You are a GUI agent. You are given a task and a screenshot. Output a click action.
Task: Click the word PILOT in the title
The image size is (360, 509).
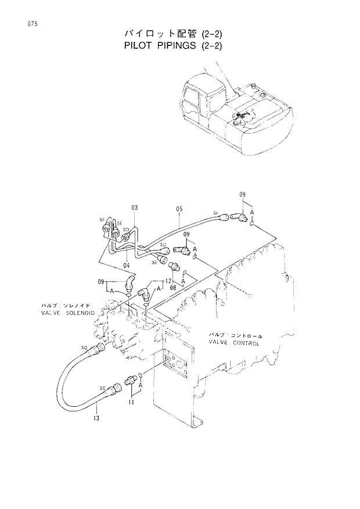click(x=141, y=45)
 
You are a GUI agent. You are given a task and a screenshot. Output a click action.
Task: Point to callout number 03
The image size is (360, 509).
click(x=134, y=208)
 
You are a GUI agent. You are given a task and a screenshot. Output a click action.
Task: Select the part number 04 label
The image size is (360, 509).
click(x=126, y=266)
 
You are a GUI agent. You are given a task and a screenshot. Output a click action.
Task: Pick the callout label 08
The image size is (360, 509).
click(x=173, y=287)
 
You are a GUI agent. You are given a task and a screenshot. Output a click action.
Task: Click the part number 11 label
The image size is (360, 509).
click(x=132, y=401)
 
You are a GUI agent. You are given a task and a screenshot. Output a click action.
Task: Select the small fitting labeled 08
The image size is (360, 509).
click(x=173, y=267)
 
